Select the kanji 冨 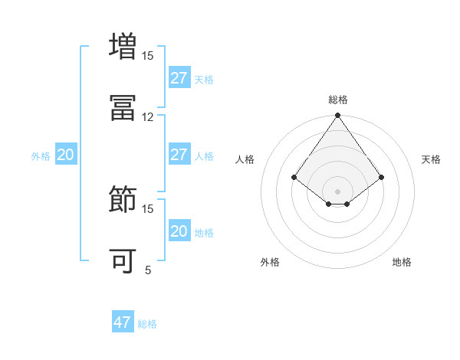(123, 107)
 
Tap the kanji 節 (123, 199)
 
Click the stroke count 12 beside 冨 (148, 117)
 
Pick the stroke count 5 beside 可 (148, 270)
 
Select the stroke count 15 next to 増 (148, 56)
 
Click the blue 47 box (123, 322)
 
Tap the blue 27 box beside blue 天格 (179, 78)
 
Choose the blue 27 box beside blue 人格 (179, 155)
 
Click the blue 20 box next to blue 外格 (65, 155)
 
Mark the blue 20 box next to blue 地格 (179, 231)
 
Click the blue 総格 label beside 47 (147, 324)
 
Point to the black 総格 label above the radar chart (338, 100)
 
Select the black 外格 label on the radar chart (270, 262)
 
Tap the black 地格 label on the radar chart (402, 262)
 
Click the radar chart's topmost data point (338, 116)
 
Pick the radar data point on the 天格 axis (382, 178)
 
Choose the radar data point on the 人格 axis (294, 178)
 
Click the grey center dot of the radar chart (338, 191)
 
